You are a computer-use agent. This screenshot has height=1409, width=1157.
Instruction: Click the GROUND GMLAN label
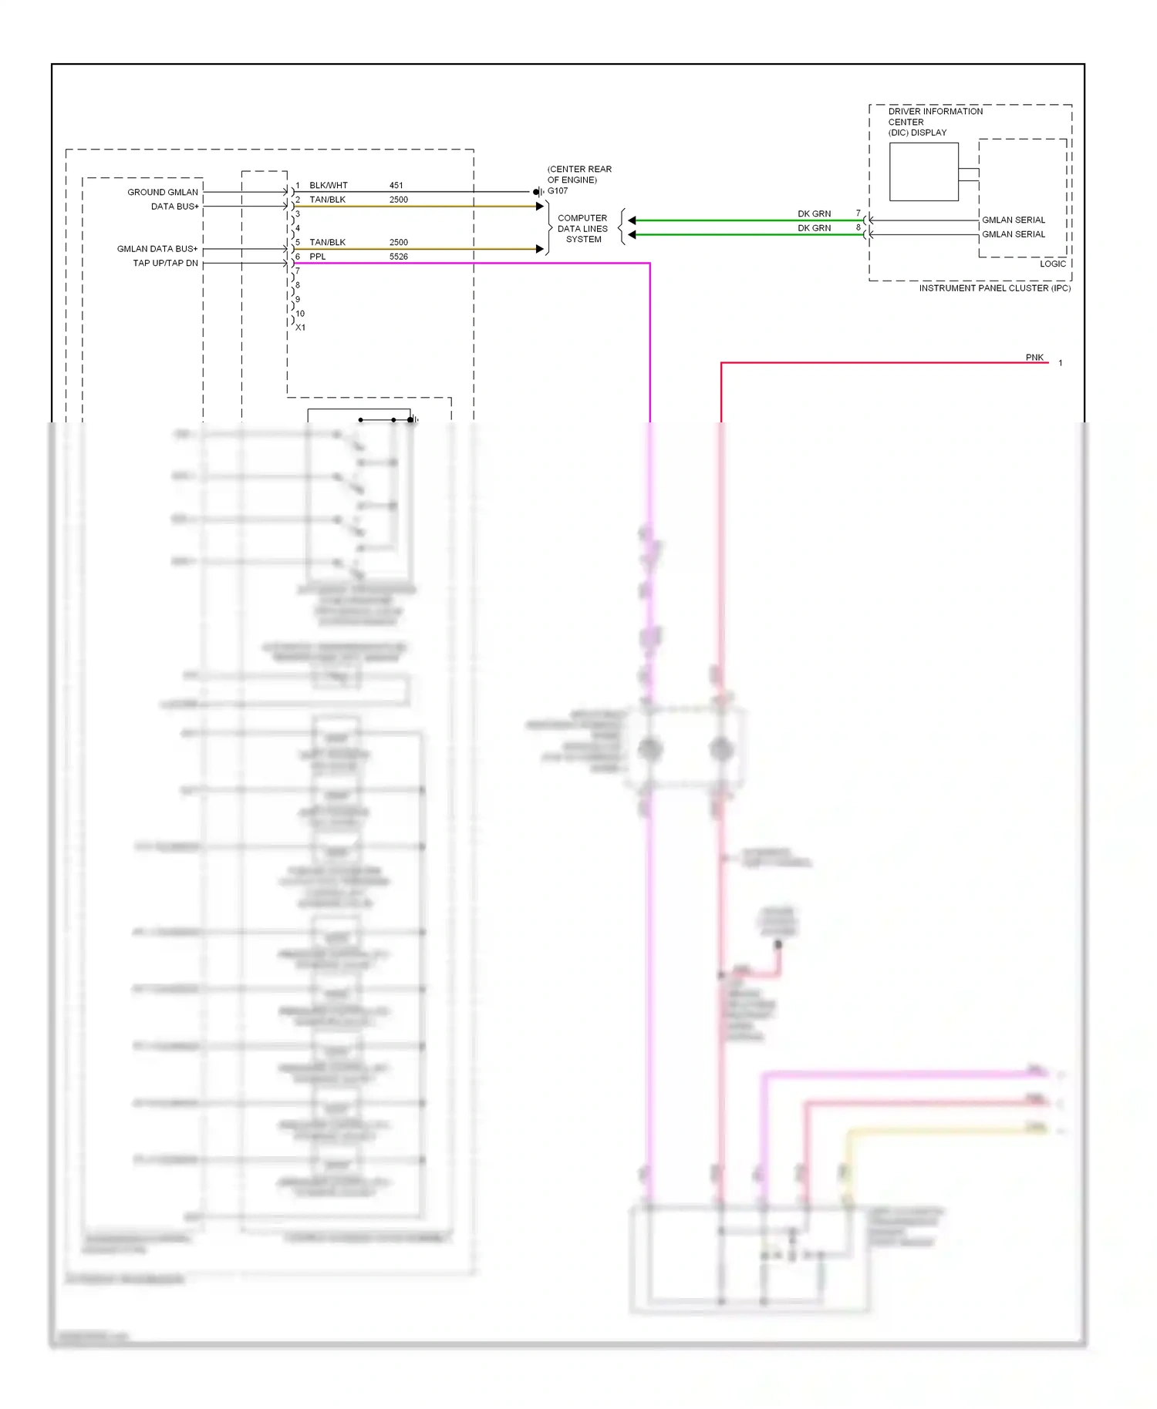(163, 192)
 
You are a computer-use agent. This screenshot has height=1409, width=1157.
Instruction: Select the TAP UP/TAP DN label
(165, 263)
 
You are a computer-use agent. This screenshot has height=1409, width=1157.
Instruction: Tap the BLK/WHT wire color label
(328, 186)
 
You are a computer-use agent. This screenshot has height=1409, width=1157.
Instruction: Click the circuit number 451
(396, 186)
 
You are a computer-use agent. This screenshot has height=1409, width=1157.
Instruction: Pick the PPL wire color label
(317, 257)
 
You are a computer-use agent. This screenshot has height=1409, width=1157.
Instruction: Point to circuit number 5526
(398, 257)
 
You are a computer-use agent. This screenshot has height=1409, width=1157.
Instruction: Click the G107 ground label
(558, 191)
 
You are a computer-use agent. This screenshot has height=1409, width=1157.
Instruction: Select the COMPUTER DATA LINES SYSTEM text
(582, 229)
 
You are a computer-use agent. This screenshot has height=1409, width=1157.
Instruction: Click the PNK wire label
(1034, 358)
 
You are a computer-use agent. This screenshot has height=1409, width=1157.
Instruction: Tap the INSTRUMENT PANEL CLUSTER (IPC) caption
(994, 288)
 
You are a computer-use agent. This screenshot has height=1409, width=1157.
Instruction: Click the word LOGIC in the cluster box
(1052, 264)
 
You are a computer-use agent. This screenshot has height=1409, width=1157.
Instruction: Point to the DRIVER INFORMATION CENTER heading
(935, 116)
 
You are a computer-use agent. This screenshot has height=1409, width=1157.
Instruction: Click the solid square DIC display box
(923, 172)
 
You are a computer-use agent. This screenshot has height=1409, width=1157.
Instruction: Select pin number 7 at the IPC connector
(858, 213)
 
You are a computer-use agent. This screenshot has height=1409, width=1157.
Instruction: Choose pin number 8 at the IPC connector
(858, 227)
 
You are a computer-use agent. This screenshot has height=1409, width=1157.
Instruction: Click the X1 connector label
(300, 328)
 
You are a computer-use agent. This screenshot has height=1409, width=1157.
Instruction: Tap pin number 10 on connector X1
(300, 314)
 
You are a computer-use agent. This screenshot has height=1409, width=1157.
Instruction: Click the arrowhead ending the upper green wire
(632, 220)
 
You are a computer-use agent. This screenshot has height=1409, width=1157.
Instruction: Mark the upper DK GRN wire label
(814, 214)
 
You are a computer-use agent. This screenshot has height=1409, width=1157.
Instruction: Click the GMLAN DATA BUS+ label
(157, 249)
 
